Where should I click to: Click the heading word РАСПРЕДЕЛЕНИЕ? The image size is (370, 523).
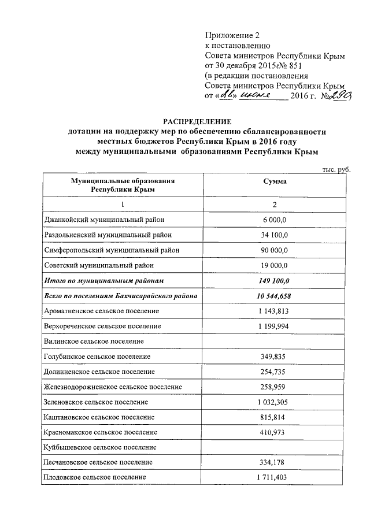click(x=197, y=121)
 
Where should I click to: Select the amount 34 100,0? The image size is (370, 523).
click(x=275, y=235)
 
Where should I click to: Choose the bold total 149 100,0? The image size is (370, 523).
click(x=275, y=281)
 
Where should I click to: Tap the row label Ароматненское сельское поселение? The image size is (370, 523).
click(x=102, y=311)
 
